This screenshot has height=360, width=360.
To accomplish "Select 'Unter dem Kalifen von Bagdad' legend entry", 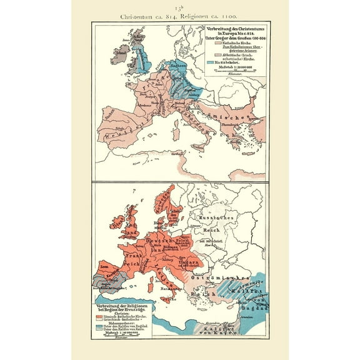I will tap(129, 325).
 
